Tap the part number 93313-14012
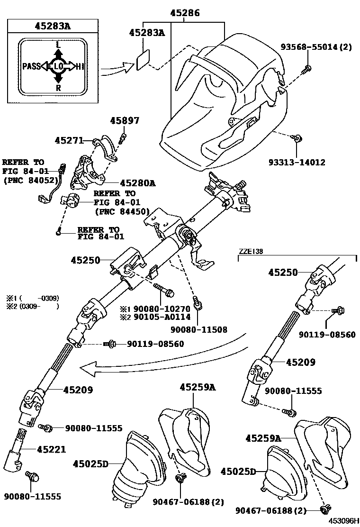(x=296, y=162)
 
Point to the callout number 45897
(x=125, y=121)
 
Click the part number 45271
(x=69, y=140)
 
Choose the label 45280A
(x=138, y=182)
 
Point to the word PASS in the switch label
(x=32, y=66)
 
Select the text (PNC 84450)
(x=122, y=211)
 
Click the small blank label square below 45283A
(x=144, y=62)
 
